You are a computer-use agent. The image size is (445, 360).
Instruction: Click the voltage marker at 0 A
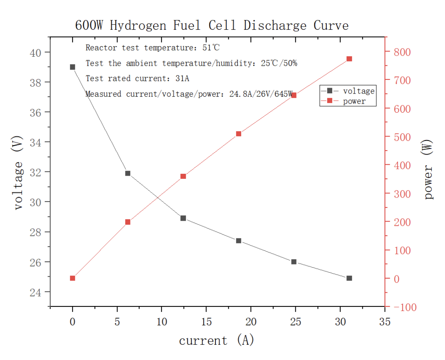pyautogui.click(x=72, y=67)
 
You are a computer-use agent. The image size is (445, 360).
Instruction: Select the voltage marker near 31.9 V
pyautogui.click(x=128, y=173)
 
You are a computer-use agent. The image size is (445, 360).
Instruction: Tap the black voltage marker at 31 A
pyautogui.click(x=349, y=278)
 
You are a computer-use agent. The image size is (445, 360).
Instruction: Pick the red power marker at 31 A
pyautogui.click(x=349, y=59)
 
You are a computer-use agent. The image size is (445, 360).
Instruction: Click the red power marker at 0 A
pyautogui.click(x=72, y=278)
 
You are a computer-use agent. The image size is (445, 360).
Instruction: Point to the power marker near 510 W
pyautogui.click(x=239, y=134)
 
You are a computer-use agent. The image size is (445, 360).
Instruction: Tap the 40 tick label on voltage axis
pyautogui.click(x=37, y=52)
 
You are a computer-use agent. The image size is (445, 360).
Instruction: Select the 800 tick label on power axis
pyautogui.click(x=400, y=52)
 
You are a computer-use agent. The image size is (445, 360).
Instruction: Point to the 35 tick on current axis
pyautogui.click(x=385, y=322)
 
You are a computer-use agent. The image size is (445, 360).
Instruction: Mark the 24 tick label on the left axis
pyautogui.click(x=37, y=292)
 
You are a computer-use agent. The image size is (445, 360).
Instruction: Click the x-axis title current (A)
pyautogui.click(x=216, y=340)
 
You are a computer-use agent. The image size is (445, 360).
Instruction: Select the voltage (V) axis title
pyautogui.click(x=18, y=173)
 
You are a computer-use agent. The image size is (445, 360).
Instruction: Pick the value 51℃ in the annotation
pyautogui.click(x=211, y=48)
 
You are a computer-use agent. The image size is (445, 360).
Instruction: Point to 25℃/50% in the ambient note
pyautogui.click(x=279, y=63)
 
